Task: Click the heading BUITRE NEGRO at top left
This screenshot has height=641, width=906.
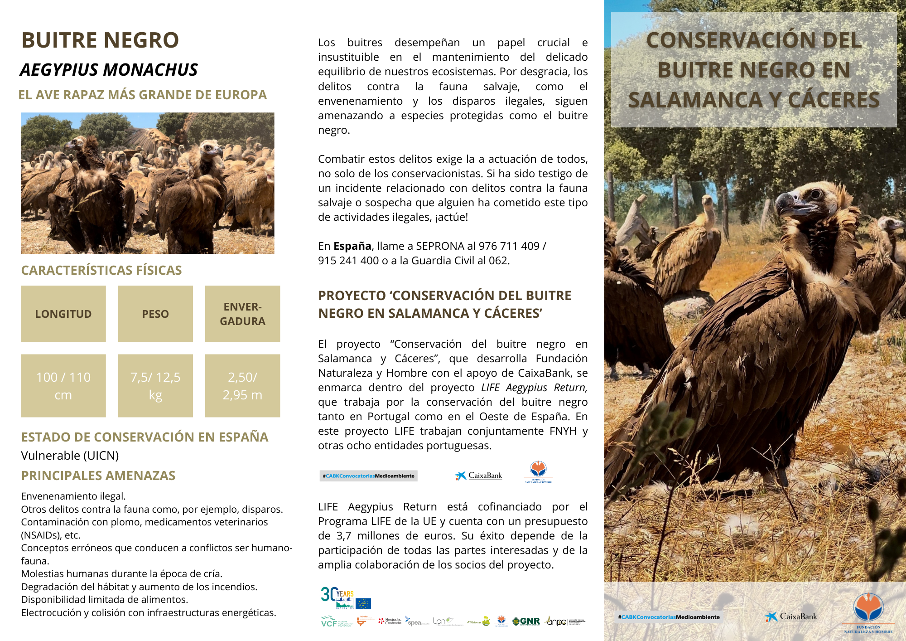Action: [100, 40]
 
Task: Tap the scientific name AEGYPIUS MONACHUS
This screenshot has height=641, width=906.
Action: [109, 70]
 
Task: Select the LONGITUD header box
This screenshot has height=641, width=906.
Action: [63, 314]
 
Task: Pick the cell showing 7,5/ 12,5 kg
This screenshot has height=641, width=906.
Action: [155, 386]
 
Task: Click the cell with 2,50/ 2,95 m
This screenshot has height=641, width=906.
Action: [242, 386]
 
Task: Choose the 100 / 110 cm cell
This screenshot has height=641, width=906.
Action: [63, 386]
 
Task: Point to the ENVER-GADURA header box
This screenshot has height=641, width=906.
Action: [242, 314]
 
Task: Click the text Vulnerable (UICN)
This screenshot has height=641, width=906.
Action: [70, 456]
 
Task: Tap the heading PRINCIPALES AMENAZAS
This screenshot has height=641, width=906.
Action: [98, 476]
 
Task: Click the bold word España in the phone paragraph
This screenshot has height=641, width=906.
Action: [352, 246]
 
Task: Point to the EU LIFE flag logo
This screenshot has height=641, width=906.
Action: [363, 603]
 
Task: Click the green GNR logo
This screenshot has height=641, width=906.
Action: [526, 622]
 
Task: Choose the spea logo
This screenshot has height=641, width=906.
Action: [414, 622]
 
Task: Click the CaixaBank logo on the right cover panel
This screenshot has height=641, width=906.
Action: [791, 617]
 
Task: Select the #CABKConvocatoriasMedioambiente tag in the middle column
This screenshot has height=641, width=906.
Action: [368, 476]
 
